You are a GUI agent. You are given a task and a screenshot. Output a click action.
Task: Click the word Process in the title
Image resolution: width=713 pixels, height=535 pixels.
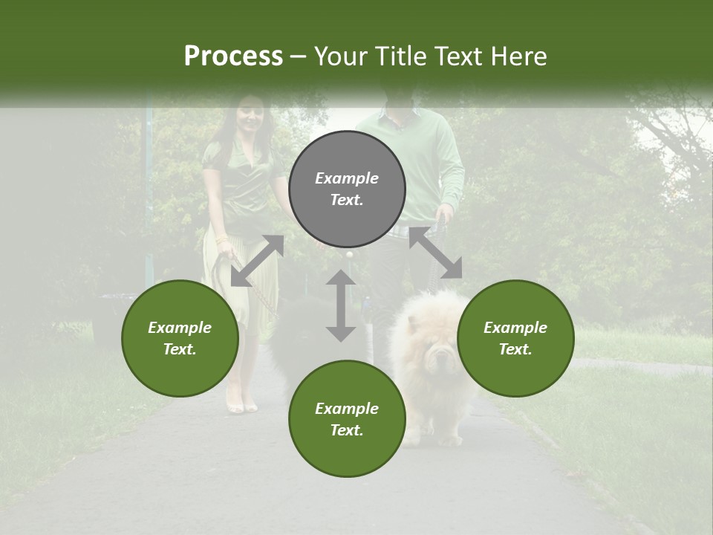pos(233,56)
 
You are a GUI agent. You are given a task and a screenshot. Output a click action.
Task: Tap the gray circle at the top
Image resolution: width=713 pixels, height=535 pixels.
pos(347,189)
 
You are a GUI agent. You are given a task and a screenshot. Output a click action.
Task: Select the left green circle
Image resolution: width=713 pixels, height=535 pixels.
pos(180,338)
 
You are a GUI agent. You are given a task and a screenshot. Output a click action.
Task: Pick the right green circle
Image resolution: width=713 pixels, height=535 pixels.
pos(515,338)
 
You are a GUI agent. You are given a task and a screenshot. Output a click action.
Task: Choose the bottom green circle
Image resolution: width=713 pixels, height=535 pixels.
pos(347,419)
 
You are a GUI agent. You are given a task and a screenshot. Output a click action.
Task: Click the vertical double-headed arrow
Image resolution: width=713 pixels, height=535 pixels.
pos(341,305)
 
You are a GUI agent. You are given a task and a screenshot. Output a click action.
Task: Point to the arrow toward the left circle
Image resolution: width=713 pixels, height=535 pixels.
pos(257,261)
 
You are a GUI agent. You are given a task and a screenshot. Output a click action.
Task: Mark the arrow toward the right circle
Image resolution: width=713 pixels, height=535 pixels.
pos(436,253)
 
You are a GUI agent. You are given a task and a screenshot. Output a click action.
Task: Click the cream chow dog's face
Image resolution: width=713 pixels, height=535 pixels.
pos(440,357)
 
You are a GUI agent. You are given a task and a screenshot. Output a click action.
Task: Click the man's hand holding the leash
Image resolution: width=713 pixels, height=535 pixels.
pos(445,214)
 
